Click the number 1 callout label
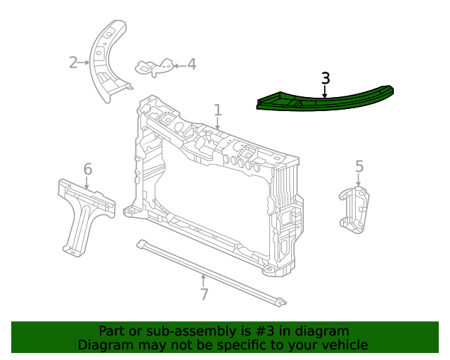click(218, 110)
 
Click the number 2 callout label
click(73, 63)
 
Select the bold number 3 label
click(325, 79)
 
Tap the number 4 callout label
click(191, 65)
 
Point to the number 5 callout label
click(359, 167)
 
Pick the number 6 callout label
click(88, 169)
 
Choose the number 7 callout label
click(204, 295)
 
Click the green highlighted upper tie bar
click(323, 101)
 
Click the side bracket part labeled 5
click(354, 209)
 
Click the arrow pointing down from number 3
click(325, 91)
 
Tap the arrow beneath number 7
click(204, 281)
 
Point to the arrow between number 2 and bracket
click(85, 63)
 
